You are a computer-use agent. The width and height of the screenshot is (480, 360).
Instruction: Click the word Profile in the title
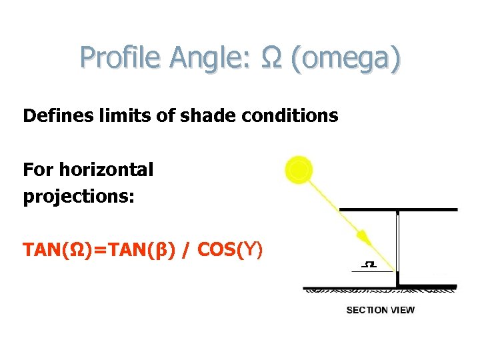click(x=121, y=58)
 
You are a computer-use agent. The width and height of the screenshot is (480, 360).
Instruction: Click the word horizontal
click(x=106, y=170)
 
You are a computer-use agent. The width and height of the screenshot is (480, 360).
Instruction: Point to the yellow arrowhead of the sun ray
click(x=363, y=237)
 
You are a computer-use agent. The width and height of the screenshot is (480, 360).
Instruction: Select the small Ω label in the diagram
click(x=369, y=265)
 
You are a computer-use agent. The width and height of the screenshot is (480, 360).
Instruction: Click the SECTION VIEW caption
click(x=380, y=309)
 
